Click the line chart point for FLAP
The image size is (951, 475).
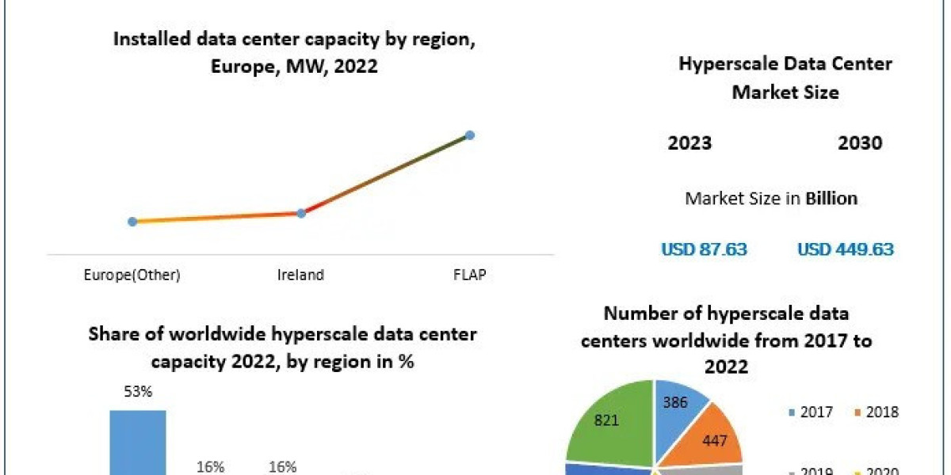point(469,135)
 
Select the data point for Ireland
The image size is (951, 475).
point(301,213)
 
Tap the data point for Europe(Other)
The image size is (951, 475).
point(132,222)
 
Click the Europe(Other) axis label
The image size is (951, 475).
point(132,275)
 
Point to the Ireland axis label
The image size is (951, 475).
point(300,275)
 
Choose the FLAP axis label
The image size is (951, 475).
point(469,275)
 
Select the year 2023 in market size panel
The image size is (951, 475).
point(689,143)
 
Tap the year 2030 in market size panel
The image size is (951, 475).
point(860,143)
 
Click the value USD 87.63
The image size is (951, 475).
point(705,249)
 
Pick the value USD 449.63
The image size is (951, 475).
point(845,249)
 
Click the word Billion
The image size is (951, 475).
point(831,198)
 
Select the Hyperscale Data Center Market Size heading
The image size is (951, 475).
point(785,78)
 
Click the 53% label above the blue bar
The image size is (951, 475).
point(137,392)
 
